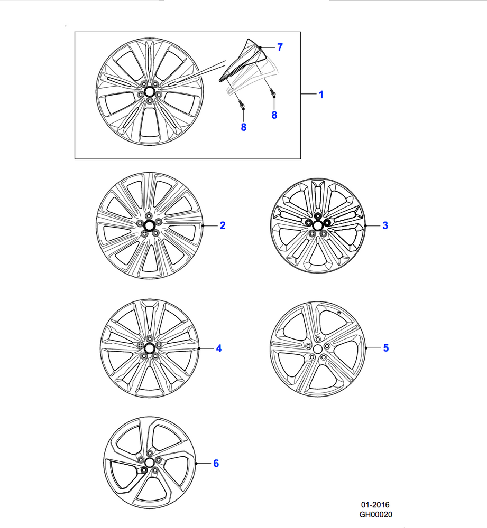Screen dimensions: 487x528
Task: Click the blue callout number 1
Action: click(x=321, y=95)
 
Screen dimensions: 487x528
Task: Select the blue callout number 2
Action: click(x=222, y=225)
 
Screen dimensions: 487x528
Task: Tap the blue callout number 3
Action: click(x=385, y=225)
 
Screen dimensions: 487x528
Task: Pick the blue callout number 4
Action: click(x=218, y=348)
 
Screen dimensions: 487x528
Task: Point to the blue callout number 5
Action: click(x=386, y=348)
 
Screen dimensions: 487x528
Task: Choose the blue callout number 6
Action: click(x=216, y=464)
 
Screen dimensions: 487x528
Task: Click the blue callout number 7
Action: click(x=280, y=47)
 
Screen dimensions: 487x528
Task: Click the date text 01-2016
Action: click(x=375, y=504)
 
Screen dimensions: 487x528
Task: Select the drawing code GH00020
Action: click(x=375, y=514)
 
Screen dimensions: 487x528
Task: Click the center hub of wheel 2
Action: click(x=149, y=225)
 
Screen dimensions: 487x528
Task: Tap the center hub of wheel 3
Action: click(x=317, y=225)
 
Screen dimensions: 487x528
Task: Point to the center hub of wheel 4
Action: click(x=150, y=348)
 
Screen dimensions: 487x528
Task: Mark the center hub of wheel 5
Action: click(x=317, y=349)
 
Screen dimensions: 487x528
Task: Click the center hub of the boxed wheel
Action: click(x=149, y=91)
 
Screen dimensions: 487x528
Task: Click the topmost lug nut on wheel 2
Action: click(x=149, y=216)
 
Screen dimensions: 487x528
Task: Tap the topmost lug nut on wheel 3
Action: click(x=317, y=216)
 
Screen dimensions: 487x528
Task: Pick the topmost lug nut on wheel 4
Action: click(x=150, y=339)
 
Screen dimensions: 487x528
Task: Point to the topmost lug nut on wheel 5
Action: click(x=317, y=340)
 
